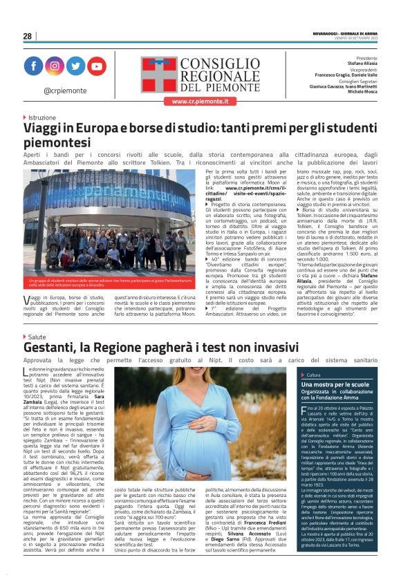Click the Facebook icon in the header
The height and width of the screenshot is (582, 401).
pos(33,66)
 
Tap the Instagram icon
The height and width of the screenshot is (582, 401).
pos(54,66)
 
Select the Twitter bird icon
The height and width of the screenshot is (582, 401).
pos(75,66)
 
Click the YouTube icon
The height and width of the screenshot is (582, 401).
pos(96,66)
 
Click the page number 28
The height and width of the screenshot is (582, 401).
pos(27,36)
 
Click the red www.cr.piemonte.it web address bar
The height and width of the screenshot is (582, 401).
pos(200,102)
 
